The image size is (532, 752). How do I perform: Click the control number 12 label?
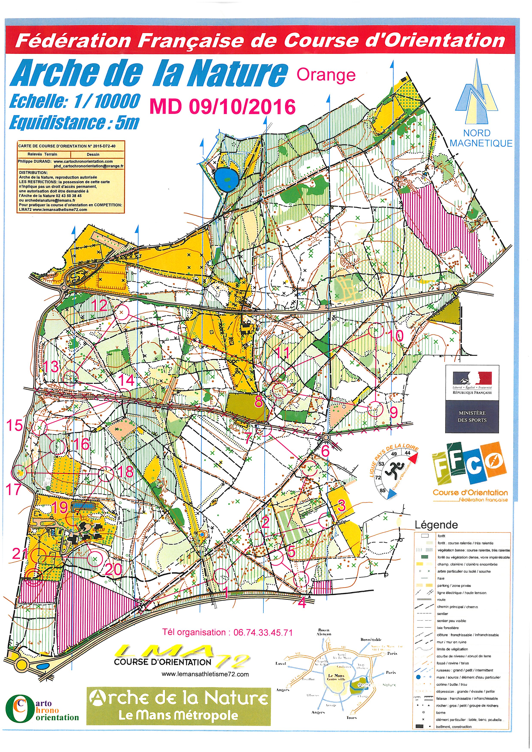99,305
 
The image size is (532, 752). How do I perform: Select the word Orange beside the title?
326,75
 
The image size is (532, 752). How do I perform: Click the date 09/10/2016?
242,107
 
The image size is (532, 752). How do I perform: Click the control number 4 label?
302,602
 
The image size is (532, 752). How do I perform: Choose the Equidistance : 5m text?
74,123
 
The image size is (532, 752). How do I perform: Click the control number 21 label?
20,553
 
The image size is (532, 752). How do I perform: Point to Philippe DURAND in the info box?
34,161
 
